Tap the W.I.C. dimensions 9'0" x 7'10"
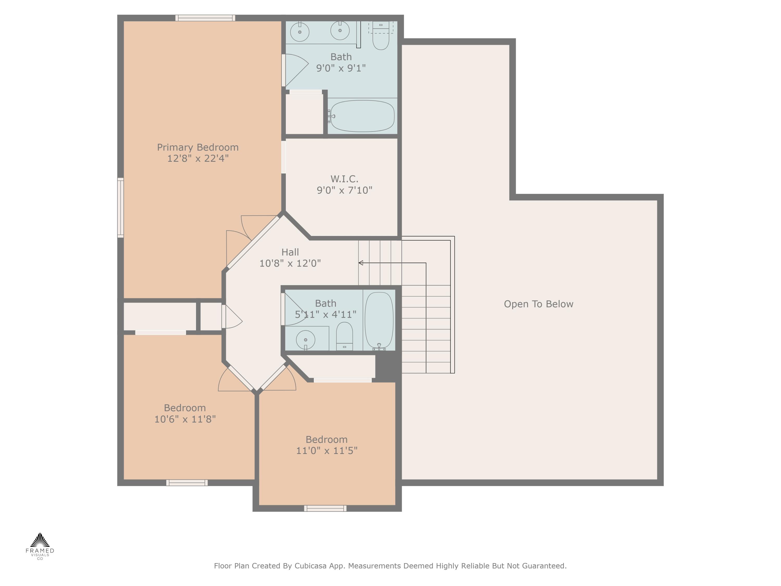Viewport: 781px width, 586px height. pyautogui.click(x=344, y=190)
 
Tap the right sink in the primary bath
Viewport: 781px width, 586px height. pyautogui.click(x=340, y=31)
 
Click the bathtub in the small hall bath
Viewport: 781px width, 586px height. pyautogui.click(x=379, y=320)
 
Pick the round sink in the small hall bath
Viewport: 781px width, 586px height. pyautogui.click(x=305, y=340)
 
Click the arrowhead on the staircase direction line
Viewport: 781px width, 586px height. pyautogui.click(x=361, y=263)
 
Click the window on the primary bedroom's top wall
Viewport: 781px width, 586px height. pyautogui.click(x=205, y=18)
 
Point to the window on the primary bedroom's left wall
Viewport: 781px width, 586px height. pyautogui.click(x=120, y=207)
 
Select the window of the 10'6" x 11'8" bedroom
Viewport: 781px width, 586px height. pyautogui.click(x=187, y=483)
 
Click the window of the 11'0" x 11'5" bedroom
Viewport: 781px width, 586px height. pyautogui.click(x=325, y=509)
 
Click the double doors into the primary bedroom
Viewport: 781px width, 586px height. pyautogui.click(x=251, y=242)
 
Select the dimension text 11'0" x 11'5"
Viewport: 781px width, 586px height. pyautogui.click(x=327, y=451)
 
